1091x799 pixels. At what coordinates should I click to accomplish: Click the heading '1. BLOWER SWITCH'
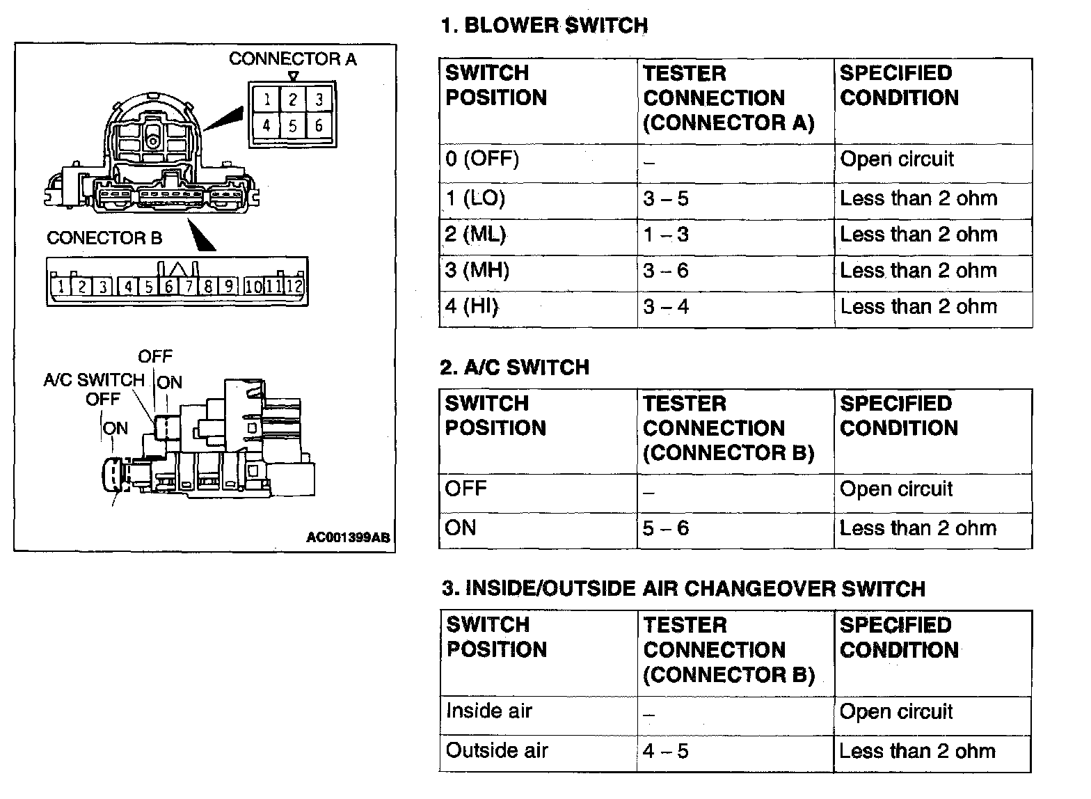pos(544,26)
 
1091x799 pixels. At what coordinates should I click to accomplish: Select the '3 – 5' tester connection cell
pos(665,199)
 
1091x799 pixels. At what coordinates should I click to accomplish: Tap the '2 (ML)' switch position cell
pos(475,235)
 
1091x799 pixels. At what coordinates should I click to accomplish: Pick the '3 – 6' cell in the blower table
pos(665,271)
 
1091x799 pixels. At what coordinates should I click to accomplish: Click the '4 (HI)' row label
pos(472,307)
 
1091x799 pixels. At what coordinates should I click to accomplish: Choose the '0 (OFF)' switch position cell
pos(482,159)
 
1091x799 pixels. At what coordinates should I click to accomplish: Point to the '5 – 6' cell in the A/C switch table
pos(665,528)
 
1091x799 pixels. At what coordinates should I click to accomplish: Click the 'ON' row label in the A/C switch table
pos(461,528)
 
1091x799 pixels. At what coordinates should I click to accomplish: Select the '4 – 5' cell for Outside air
pos(665,751)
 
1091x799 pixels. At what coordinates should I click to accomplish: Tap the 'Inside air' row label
pos(488,711)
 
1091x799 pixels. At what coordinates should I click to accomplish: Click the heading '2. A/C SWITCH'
pos(514,367)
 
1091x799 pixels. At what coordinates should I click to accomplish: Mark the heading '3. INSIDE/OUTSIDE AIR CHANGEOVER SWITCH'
pos(683,589)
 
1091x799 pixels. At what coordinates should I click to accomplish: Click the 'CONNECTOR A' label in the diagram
pos(292,59)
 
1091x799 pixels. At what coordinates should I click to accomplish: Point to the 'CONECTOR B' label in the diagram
pos(104,238)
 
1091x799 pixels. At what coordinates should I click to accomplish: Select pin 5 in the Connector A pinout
pos(293,126)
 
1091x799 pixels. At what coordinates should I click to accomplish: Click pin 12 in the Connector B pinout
pos(295,286)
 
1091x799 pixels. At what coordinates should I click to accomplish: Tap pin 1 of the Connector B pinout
pos(61,286)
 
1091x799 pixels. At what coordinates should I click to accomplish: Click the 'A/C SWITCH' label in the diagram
pos(93,380)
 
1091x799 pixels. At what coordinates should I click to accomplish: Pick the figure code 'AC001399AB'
pos(348,537)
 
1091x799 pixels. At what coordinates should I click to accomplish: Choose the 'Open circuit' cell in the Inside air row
pos(895,711)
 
